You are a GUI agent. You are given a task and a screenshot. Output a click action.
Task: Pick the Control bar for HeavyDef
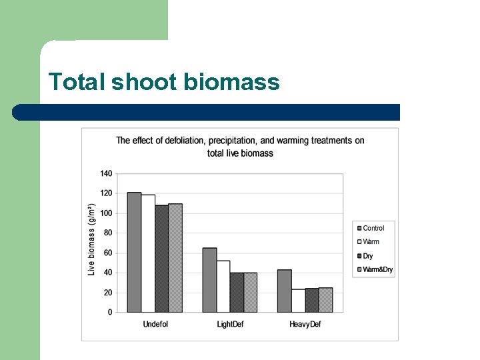285,291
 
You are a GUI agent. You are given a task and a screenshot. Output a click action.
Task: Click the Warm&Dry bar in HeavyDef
325,300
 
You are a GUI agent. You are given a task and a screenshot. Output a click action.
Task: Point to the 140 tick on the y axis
106,173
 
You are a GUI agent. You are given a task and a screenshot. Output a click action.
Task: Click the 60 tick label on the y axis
107,253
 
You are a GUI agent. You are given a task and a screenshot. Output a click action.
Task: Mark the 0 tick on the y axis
109,312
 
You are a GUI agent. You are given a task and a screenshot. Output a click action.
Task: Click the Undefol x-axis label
155,325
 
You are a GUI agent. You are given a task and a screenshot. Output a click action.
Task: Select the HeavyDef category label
305,325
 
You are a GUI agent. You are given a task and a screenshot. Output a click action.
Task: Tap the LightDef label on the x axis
230,325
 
